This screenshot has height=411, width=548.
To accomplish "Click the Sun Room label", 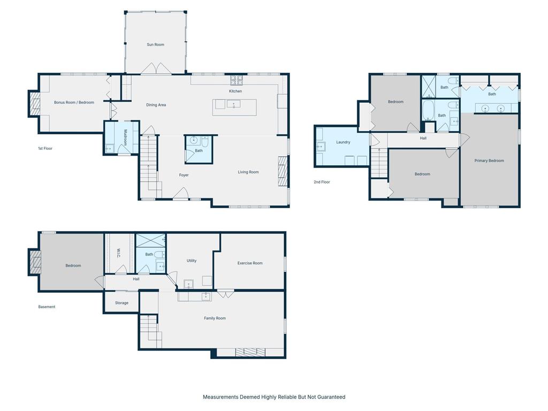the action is pos(156,45).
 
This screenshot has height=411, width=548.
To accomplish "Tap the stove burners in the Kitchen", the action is pos(237,80).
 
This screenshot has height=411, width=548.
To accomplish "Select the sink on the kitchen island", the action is pos(234,104).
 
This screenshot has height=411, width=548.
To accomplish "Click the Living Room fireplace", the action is pos(283,171).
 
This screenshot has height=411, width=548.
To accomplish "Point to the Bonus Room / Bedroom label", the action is pos(74,102).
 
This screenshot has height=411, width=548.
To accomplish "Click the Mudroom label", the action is pos(125,138).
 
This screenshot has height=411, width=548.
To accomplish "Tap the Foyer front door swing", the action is pos(181,193).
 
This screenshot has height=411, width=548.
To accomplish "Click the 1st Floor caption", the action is pos(45,149).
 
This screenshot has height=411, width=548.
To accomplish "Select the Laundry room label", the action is pos(343,142).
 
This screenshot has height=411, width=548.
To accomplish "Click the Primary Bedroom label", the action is pos(489,161).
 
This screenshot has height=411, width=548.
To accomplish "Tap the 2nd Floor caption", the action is pos(322,182).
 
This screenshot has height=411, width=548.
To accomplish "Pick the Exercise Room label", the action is pos(250,263).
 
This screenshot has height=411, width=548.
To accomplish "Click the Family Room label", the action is pos(215,318).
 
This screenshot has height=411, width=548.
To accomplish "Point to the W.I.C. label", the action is pos(118,253).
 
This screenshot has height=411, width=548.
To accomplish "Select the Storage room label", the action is pos(121,303).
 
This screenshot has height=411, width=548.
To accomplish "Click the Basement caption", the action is pos(47,307).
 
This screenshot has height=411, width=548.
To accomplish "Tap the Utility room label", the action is pos(192,261).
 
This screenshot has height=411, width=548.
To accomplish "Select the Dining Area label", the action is pos(156,105).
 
